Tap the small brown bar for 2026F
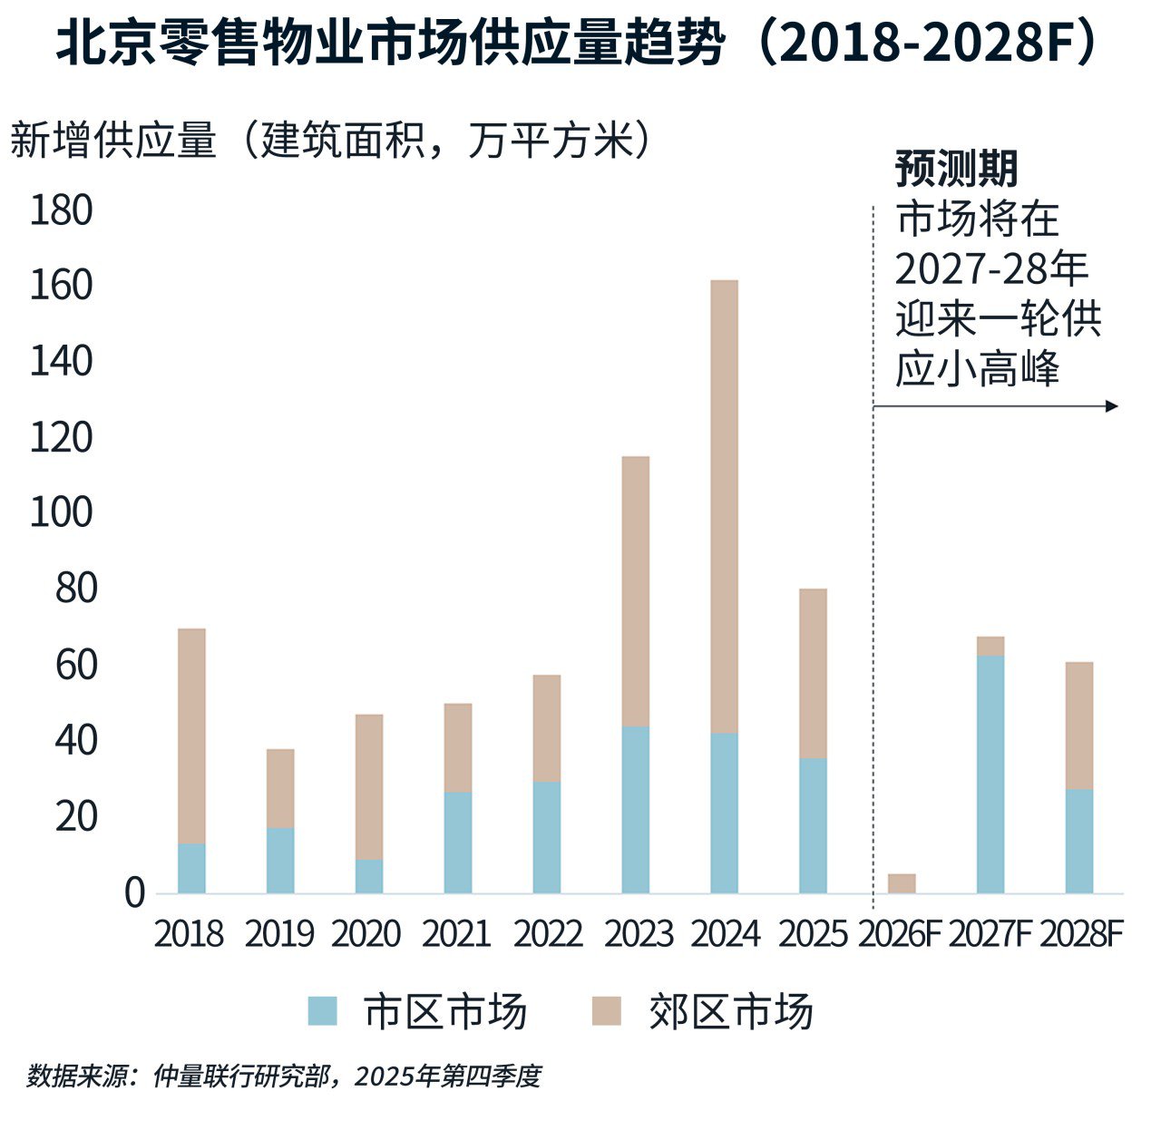click(901, 883)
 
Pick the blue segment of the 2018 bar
click(191, 868)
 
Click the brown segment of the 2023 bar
click(635, 590)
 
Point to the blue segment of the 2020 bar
click(369, 876)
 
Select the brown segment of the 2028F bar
click(1078, 726)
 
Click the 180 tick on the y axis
click(61, 210)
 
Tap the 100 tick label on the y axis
click(61, 513)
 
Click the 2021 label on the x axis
click(455, 934)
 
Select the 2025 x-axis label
click(812, 934)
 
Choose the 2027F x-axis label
click(990, 934)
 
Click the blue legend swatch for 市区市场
click(322, 1011)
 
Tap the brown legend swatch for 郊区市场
click(606, 1011)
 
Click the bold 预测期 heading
click(956, 169)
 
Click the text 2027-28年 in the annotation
click(991, 269)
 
